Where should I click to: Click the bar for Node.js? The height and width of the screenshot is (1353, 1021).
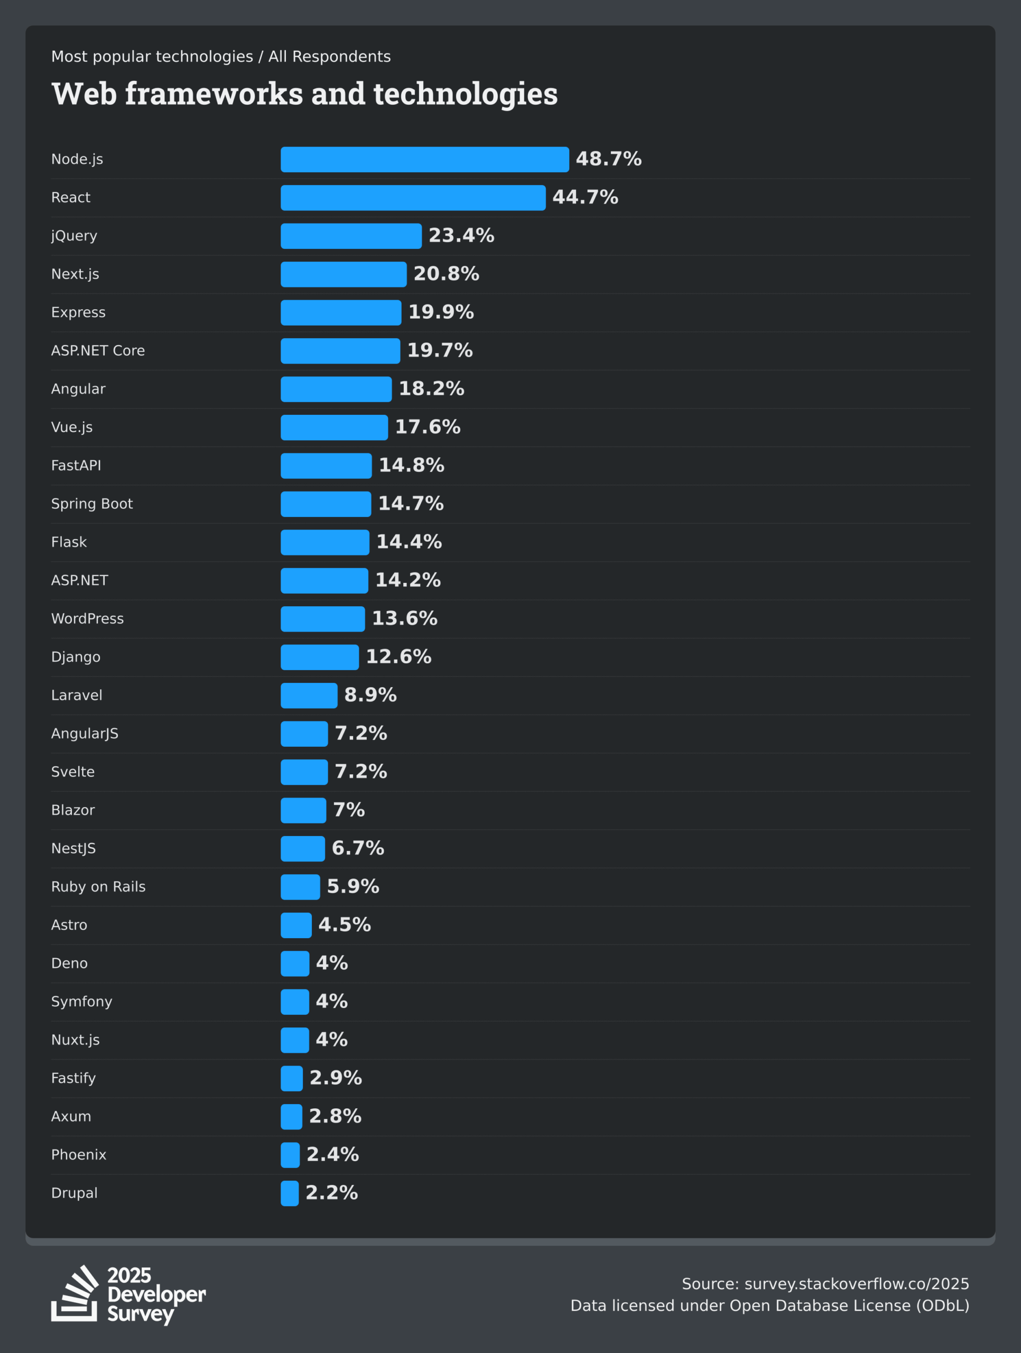coord(424,159)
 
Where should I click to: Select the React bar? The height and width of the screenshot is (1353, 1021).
coord(413,198)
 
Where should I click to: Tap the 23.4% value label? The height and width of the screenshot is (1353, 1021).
coord(461,236)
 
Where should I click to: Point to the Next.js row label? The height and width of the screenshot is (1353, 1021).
coord(75,274)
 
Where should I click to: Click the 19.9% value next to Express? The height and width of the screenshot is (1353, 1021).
coord(441,312)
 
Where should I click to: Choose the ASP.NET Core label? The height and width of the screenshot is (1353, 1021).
coord(98,350)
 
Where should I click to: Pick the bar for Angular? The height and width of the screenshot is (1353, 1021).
coord(336,389)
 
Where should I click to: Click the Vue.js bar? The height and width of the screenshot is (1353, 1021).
coord(334,428)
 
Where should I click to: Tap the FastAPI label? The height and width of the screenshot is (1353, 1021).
coord(76,466)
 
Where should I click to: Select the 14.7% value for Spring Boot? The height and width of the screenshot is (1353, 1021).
coord(411,503)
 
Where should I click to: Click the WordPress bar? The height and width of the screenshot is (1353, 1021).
coord(322,618)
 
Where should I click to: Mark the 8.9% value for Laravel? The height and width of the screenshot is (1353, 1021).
coord(370,695)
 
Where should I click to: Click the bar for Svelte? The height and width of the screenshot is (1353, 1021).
coord(304,772)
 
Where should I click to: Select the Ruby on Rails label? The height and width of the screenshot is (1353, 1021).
coord(98,887)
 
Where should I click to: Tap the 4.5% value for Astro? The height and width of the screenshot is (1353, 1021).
coord(345,925)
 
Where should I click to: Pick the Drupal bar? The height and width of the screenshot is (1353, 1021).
coord(290,1193)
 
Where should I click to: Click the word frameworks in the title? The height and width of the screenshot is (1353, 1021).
coord(214,94)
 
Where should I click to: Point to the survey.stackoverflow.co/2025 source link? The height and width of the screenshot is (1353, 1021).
coord(857,1284)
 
